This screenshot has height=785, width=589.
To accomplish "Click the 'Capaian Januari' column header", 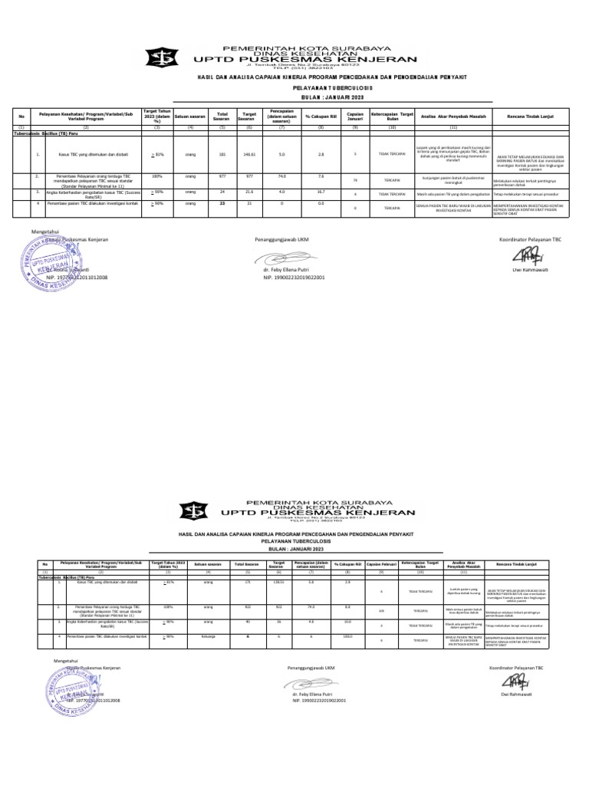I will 354,115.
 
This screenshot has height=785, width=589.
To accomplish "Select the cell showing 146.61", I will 248,154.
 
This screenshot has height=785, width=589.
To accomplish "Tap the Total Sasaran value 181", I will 222,154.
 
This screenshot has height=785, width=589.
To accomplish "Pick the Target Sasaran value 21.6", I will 248,193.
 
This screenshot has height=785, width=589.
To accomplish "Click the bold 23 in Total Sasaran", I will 222,204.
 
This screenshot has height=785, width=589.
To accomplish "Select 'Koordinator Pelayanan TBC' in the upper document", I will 531,239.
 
